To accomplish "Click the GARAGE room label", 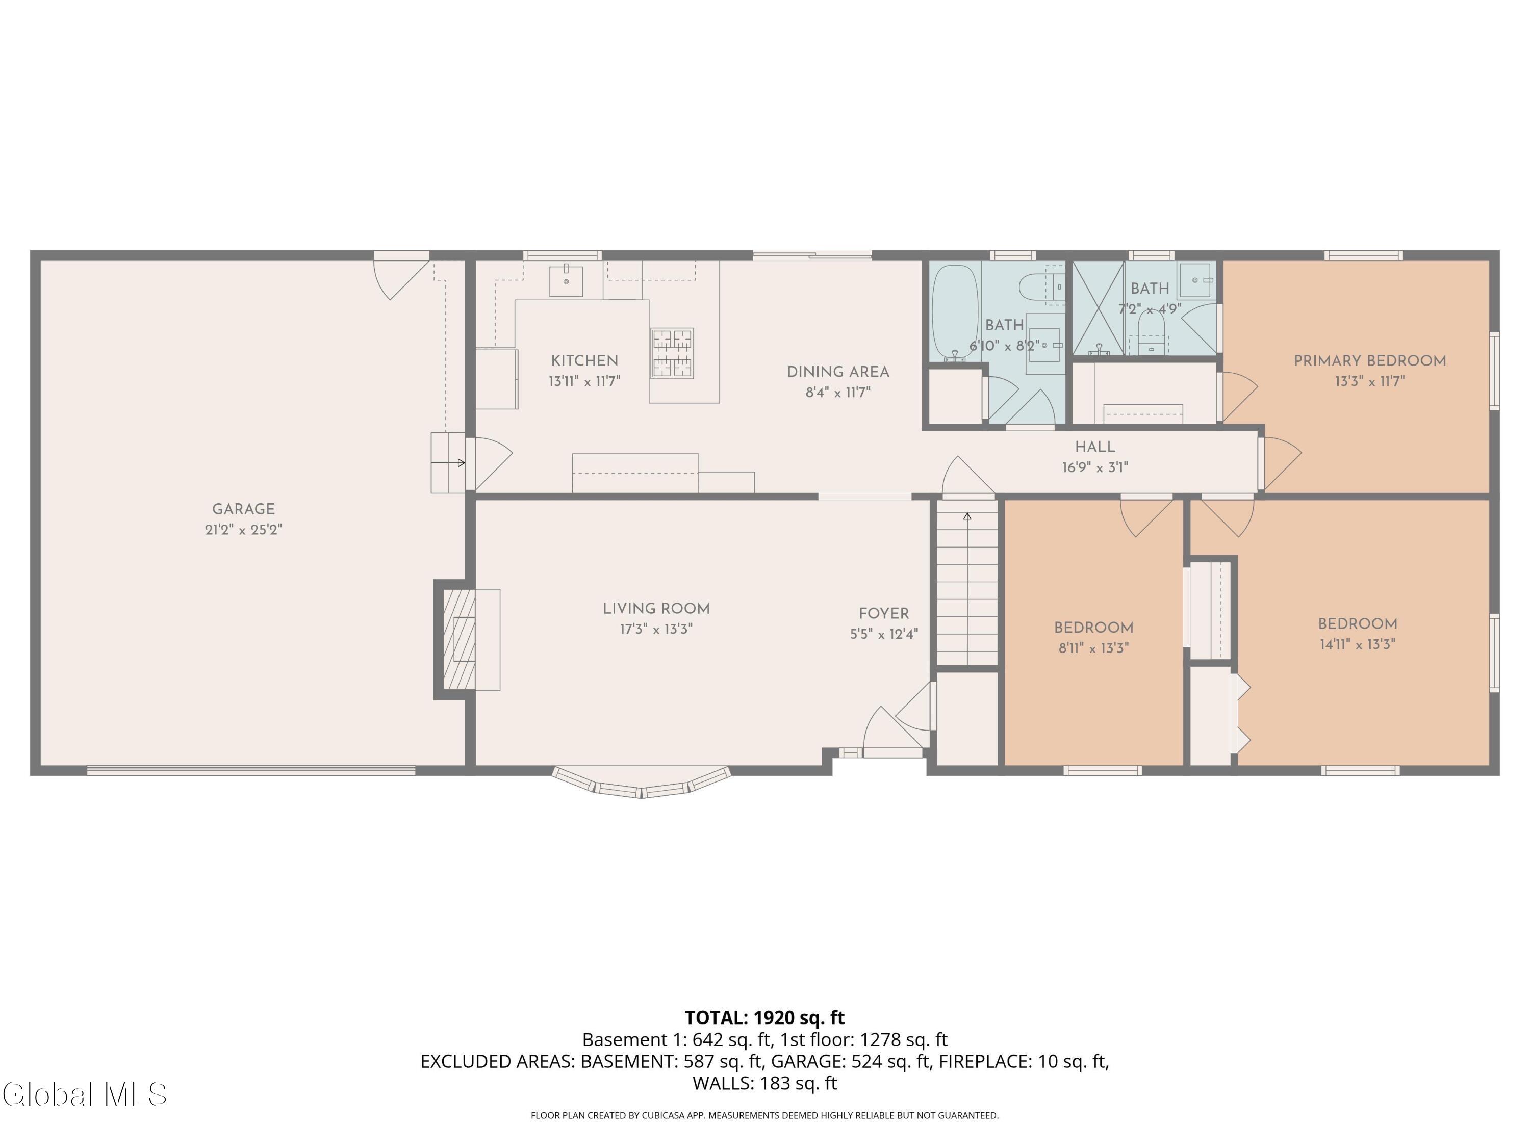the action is (x=243, y=509).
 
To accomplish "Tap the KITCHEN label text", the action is (x=584, y=360).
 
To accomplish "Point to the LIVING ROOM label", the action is (x=656, y=608).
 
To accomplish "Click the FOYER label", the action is (x=884, y=613).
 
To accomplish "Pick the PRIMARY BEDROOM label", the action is (x=1369, y=360).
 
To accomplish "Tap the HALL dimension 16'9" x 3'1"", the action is (x=1095, y=467).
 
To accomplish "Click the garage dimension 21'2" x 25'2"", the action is (x=243, y=530).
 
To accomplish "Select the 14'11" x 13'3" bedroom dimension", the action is (x=1357, y=644).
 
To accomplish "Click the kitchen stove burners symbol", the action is (x=672, y=353).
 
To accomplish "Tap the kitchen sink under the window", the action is (x=566, y=281).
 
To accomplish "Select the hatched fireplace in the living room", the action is (x=458, y=640).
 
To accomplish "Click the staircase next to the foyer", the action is (x=967, y=588).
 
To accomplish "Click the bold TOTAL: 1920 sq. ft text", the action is (x=764, y=1018).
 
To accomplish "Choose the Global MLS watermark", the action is (x=84, y=1094).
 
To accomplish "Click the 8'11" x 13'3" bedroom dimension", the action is (x=1093, y=648).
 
